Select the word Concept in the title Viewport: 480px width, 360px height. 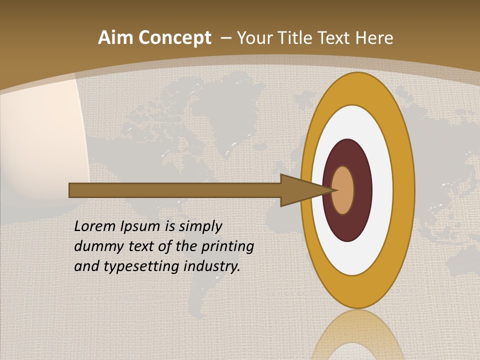(x=174, y=38)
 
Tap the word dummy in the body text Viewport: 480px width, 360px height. (x=95, y=246)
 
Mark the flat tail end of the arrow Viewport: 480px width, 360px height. (x=71, y=190)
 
